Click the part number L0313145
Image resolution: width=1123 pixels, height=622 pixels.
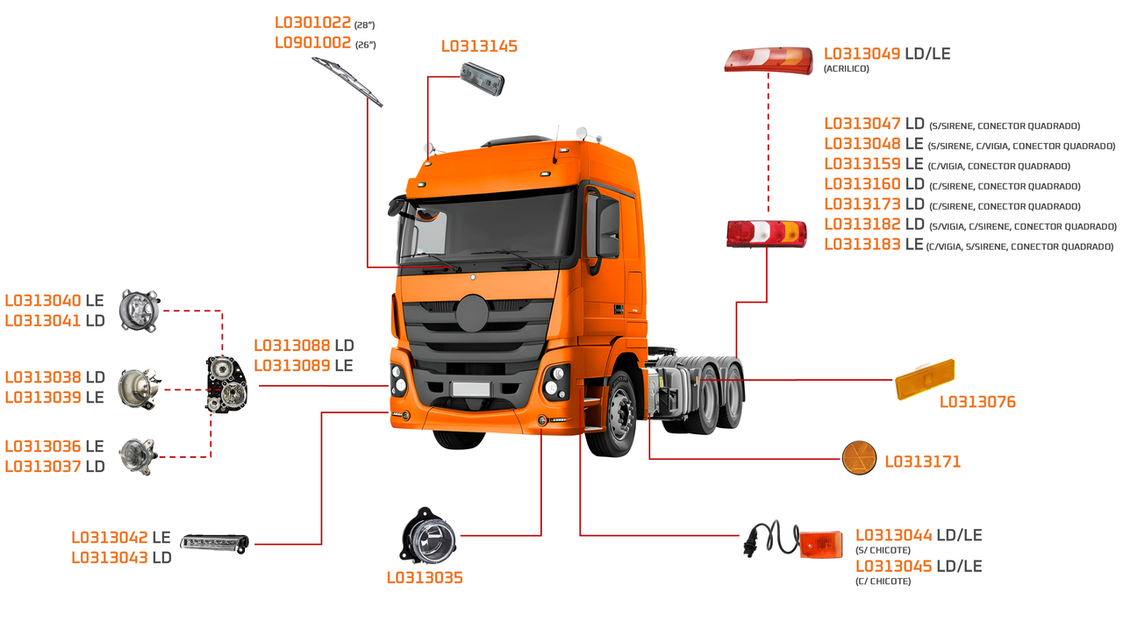pyautogui.click(x=479, y=46)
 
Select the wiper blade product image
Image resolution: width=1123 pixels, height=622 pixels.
pyautogui.click(x=347, y=82)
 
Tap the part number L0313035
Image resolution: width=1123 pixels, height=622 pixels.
pyautogui.click(x=425, y=578)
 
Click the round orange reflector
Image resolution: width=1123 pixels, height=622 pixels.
pyautogui.click(x=859, y=458)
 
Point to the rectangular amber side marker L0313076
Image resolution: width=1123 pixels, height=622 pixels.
pyautogui.click(x=925, y=379)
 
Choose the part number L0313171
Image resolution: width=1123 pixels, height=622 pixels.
pyautogui.click(x=922, y=461)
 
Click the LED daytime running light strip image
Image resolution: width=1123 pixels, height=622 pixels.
pyautogui.click(x=215, y=543)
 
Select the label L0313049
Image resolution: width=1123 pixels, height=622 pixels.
pyautogui.click(x=862, y=54)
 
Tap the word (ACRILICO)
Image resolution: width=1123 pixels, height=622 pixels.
pyautogui.click(x=847, y=68)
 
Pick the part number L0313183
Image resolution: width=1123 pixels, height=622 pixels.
pyautogui.click(x=862, y=244)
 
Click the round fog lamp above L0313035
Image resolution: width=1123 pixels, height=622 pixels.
pyautogui.click(x=427, y=536)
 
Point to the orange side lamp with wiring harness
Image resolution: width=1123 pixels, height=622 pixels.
pyautogui.click(x=792, y=540)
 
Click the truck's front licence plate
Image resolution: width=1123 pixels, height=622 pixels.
pyautogui.click(x=470, y=389)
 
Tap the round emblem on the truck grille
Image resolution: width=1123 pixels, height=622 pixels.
pyautogui.click(x=472, y=313)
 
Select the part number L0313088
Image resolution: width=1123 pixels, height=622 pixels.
pyautogui.click(x=292, y=346)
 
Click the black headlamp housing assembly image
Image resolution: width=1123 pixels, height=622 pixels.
pyautogui.click(x=226, y=384)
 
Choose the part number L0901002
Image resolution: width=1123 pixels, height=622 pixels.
pyautogui.click(x=313, y=43)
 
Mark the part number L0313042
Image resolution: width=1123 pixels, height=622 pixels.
pyautogui.click(x=110, y=538)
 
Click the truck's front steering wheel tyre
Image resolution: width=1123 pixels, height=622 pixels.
pyautogui.click(x=612, y=414)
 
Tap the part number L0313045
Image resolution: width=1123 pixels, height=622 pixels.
pyautogui.click(x=893, y=567)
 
